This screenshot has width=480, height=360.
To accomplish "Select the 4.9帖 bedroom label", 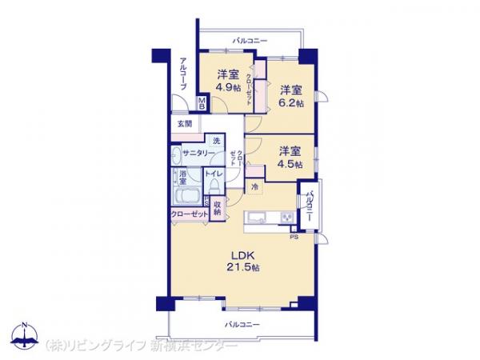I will coord(228,82).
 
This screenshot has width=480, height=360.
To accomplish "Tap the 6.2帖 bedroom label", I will coord(291,96).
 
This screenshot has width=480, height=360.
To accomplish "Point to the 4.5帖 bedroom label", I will coord(290,157).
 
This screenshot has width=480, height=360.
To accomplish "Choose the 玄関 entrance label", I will coord(185,124).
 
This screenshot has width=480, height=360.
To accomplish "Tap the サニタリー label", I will coord(197,154).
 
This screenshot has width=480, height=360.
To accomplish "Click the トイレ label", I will coord(214,174).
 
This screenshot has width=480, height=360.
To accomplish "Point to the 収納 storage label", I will coord(217,208).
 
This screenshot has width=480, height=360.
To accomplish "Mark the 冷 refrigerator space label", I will coord(254,187).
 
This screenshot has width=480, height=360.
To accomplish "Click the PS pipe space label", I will coord(294,236).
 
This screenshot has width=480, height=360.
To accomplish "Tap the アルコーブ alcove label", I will coord(183,74).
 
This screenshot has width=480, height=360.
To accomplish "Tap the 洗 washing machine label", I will coord(215,142).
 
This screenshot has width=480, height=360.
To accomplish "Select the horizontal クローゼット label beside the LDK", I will coord(189,214).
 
